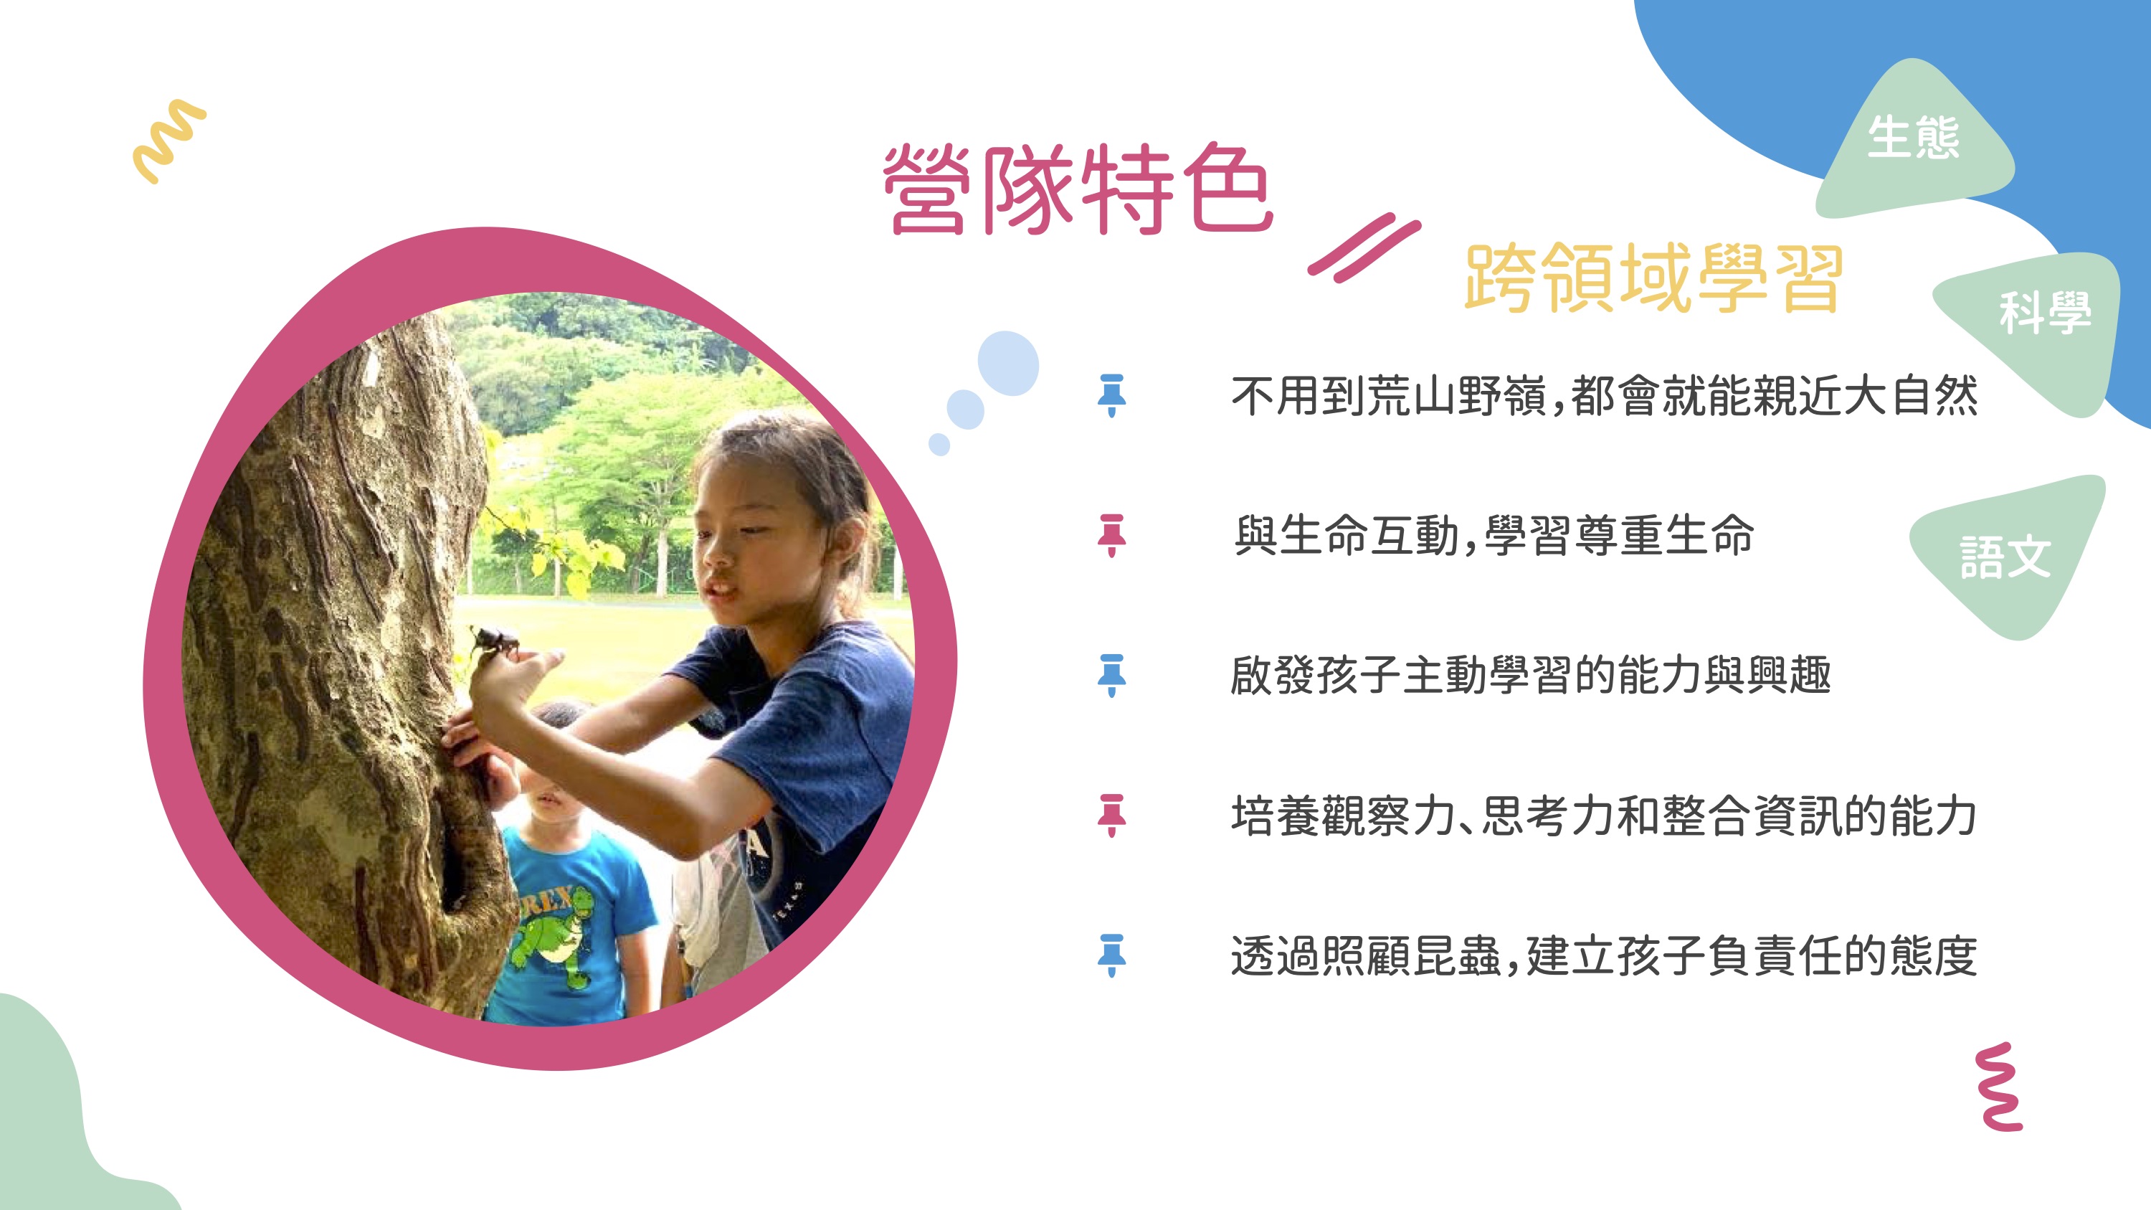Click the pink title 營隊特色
pos(1078,189)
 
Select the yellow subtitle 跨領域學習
pos(1654,278)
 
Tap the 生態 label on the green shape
pos(1913,138)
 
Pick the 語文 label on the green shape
pos(2005,557)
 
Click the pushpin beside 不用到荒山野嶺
pos(1111,396)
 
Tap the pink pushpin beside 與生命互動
pos(1111,535)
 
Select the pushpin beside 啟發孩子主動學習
pos(1111,676)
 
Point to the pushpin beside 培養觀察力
pos(1111,815)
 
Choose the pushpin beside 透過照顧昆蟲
pos(1111,955)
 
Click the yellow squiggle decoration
pos(169,141)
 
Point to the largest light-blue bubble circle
pos(1008,363)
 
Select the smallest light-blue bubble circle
pos(939,444)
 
